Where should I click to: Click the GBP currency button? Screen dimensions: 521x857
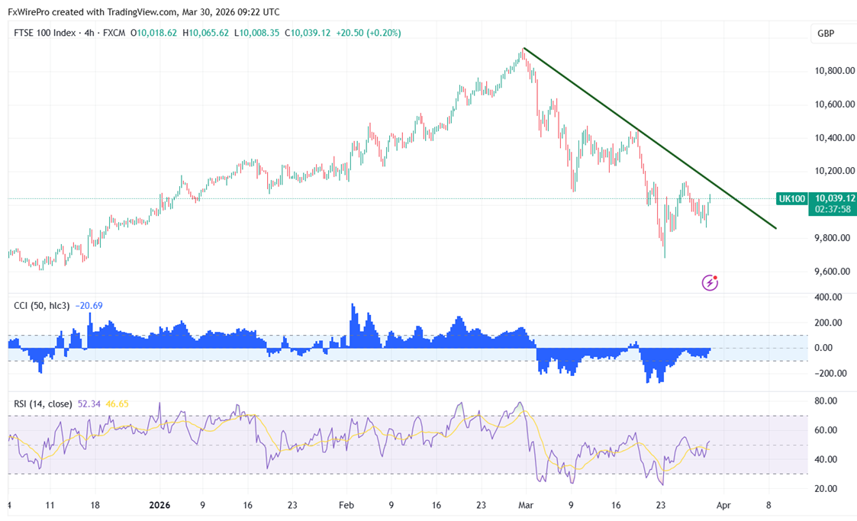tap(825, 34)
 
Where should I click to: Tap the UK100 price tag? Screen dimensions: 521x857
tap(791, 198)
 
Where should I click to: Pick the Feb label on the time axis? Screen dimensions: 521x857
tap(346, 505)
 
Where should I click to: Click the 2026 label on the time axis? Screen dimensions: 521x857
tap(160, 505)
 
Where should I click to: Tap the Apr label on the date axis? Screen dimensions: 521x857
tap(725, 505)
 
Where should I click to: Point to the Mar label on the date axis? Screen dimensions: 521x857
tap(525, 505)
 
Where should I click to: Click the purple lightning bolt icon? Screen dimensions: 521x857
tap(710, 283)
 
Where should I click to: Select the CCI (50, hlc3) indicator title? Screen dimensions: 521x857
tap(42, 306)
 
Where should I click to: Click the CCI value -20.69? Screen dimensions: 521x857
tap(89, 306)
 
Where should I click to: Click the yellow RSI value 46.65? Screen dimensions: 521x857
tap(117, 403)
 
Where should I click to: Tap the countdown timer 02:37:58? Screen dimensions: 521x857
tap(833, 208)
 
